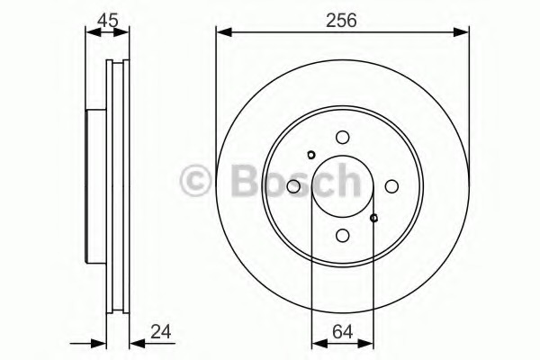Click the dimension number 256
(342, 15)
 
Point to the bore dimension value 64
(342, 333)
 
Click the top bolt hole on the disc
(342, 138)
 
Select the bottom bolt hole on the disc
(342, 235)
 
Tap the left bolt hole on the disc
(293, 186)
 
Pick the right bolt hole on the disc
(391, 186)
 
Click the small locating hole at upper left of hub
(310, 154)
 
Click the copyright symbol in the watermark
(196, 181)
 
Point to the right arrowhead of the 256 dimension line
(463, 32)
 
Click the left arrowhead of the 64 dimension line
(316, 343)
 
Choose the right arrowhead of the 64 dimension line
(369, 343)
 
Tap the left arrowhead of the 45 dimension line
(91, 32)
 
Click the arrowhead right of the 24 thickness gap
(135, 343)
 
